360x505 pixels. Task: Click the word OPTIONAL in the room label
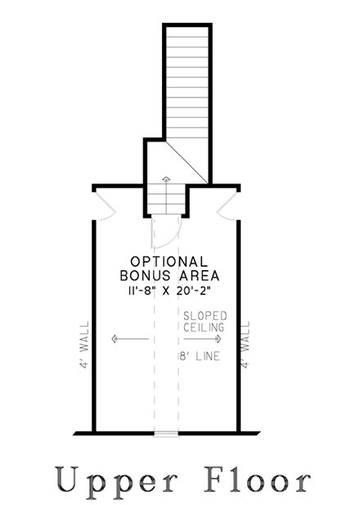tap(169, 262)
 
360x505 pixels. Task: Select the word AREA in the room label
tap(200, 276)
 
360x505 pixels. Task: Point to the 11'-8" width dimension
tap(141, 291)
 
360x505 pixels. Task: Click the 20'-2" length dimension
tap(193, 291)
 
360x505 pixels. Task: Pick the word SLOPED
tap(205, 316)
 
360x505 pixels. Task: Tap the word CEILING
tap(204, 327)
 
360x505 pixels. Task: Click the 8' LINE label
tap(200, 356)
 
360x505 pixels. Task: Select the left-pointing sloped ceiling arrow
tap(130, 339)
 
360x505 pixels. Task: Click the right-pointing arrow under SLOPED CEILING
tap(203, 339)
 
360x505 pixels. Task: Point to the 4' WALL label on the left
tap(84, 345)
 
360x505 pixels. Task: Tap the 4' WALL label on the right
tap(245, 345)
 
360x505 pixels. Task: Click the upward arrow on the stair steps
tap(166, 195)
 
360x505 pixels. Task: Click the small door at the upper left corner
tap(105, 206)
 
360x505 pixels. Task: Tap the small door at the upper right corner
tap(227, 206)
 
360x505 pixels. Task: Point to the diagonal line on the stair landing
tap(187, 162)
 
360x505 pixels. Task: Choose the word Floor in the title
tap(258, 480)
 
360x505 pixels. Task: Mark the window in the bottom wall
tap(166, 434)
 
